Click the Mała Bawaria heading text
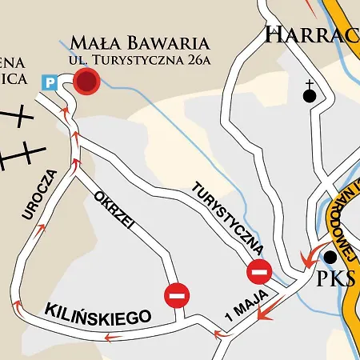[139, 42]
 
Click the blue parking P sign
[50, 82]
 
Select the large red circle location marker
[86, 81]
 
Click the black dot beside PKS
[330, 257]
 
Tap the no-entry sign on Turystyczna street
[259, 272]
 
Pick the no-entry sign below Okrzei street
[178, 296]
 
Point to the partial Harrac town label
[312, 35]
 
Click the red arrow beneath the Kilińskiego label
[112, 338]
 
